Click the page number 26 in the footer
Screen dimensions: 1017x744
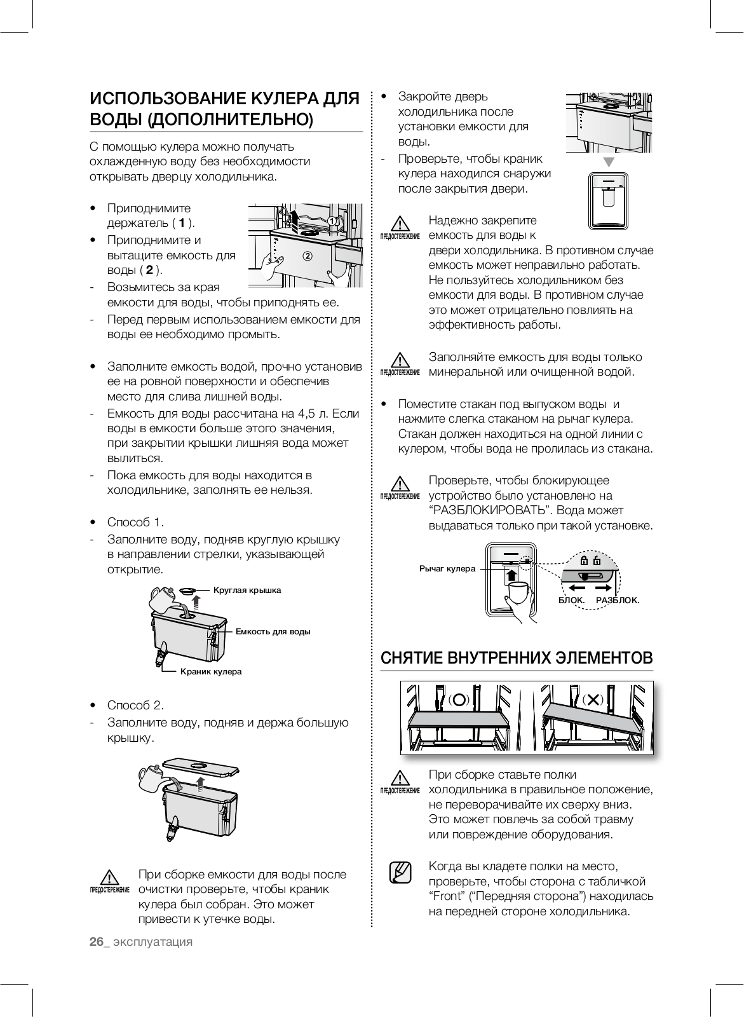(x=96, y=941)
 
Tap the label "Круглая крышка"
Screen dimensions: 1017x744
(x=247, y=590)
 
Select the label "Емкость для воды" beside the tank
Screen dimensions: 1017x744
(x=273, y=631)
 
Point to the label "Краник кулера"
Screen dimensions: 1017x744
(x=211, y=671)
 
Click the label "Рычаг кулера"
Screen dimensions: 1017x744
(x=447, y=568)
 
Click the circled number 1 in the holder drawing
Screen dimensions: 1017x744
(x=333, y=220)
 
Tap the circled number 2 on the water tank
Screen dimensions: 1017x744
(x=308, y=256)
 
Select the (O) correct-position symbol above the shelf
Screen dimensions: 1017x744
(x=459, y=699)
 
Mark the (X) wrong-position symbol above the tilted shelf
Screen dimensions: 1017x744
(x=592, y=699)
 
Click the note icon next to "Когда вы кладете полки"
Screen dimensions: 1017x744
(x=400, y=872)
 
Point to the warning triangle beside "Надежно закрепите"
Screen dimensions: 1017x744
(x=399, y=224)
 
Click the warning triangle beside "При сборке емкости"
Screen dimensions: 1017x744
(x=109, y=877)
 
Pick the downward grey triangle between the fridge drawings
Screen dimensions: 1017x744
(x=609, y=162)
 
